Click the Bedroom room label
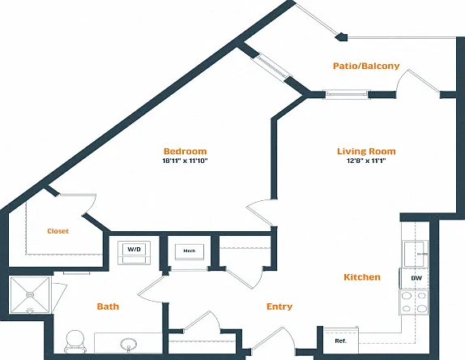click(x=185, y=151)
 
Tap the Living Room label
click(x=366, y=151)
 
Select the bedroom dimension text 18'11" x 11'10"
click(x=185, y=161)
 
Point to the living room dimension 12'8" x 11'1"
click(x=366, y=161)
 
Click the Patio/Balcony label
click(x=366, y=66)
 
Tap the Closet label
click(x=58, y=231)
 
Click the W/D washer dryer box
click(x=134, y=252)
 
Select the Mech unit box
click(x=190, y=251)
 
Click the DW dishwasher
click(x=414, y=278)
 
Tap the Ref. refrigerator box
click(x=341, y=341)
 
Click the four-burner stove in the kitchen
click(x=414, y=302)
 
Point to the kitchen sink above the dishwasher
click(x=415, y=254)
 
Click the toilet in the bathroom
click(x=75, y=341)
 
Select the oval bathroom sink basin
click(x=129, y=345)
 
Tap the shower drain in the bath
click(x=30, y=294)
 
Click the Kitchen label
click(x=362, y=277)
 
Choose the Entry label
click(x=279, y=306)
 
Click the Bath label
click(x=108, y=306)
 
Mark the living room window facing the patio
click(x=347, y=94)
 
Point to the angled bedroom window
click(x=271, y=66)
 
